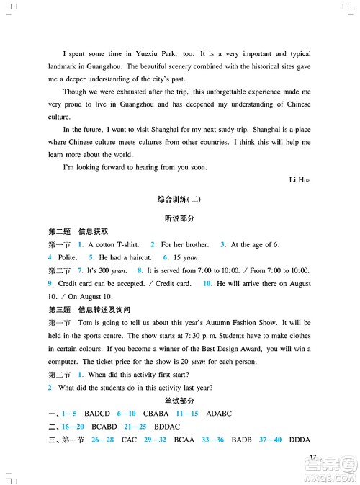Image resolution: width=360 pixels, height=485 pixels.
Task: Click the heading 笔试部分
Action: (x=179, y=401)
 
